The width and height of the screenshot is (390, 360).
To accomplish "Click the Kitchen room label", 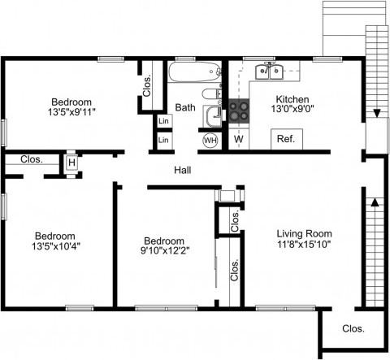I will pyautogui.click(x=289, y=100).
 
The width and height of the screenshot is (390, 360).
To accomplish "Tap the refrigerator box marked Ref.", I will pyautogui.click(x=285, y=139).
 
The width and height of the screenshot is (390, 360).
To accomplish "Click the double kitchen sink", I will pyautogui.click(x=268, y=72).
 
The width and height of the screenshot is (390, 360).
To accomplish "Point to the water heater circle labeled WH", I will pyautogui.click(x=210, y=140).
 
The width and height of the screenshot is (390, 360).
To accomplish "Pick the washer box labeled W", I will pyautogui.click(x=238, y=140).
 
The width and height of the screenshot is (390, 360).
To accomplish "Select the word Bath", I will pyautogui.click(x=185, y=107).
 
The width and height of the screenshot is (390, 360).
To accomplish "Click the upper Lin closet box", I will pyautogui.click(x=163, y=121).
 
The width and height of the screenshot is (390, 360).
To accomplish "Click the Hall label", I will pyautogui.click(x=183, y=170).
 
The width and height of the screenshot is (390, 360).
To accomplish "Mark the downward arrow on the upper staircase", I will pyautogui.click(x=375, y=113).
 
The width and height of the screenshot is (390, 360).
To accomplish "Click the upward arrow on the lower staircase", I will pyautogui.click(x=375, y=203).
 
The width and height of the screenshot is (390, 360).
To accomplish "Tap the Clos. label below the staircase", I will pyautogui.click(x=353, y=329).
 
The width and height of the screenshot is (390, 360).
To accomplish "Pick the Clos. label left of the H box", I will pyautogui.click(x=32, y=159).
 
